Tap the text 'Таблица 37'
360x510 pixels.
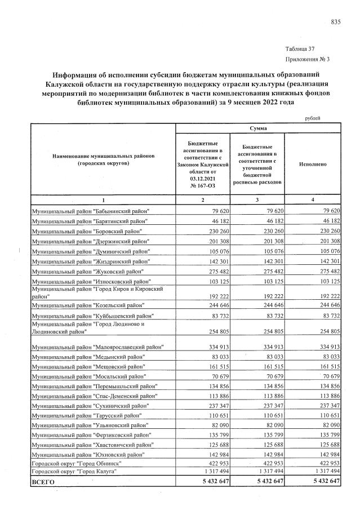pos(300,49)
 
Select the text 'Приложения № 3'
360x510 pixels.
pos(308,59)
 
